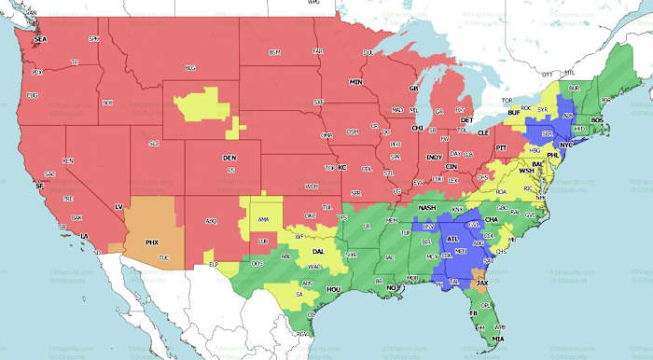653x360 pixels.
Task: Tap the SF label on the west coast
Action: (x=39, y=187)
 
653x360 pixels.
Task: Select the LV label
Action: (x=118, y=205)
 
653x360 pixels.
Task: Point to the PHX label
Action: (x=152, y=242)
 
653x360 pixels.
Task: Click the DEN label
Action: (x=229, y=159)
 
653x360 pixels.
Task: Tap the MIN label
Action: (x=355, y=82)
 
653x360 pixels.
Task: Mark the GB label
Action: (x=413, y=89)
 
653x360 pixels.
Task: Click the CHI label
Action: (x=418, y=128)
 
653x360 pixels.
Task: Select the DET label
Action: (x=467, y=120)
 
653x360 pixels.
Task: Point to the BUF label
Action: (x=514, y=113)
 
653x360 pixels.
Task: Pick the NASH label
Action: (x=427, y=207)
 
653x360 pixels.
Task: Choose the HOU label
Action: (x=334, y=290)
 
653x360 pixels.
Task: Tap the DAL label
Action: (x=319, y=252)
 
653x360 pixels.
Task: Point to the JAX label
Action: (x=481, y=281)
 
